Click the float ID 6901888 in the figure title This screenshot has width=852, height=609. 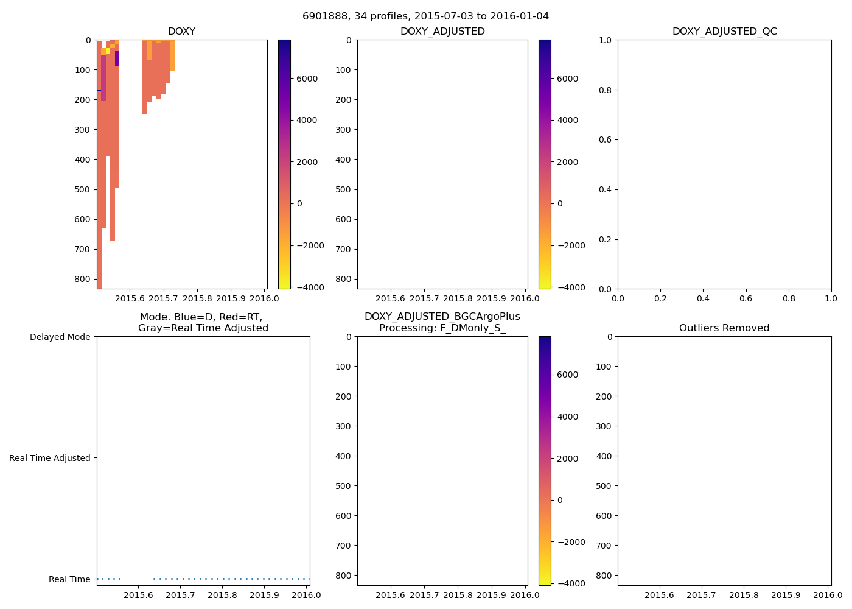point(323,16)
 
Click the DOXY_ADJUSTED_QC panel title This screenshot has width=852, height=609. point(724,32)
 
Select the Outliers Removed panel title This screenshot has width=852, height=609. point(724,328)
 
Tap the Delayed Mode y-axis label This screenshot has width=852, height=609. point(60,337)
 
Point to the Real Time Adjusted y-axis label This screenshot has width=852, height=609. point(50,458)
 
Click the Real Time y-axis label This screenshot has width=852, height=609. point(69,579)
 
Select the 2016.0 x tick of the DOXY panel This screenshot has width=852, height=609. point(265,298)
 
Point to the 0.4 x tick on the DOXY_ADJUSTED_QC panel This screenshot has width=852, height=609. point(703,298)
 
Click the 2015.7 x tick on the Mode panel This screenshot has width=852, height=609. point(180,595)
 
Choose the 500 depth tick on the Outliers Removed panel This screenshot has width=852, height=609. point(604,486)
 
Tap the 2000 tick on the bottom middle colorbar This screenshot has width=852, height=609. point(567,459)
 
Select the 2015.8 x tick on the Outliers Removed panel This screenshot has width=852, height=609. point(744,595)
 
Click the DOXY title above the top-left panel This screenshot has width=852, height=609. point(181,32)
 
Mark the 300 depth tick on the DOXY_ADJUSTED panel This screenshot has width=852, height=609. point(344,130)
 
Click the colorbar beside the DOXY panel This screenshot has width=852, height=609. point(284,164)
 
